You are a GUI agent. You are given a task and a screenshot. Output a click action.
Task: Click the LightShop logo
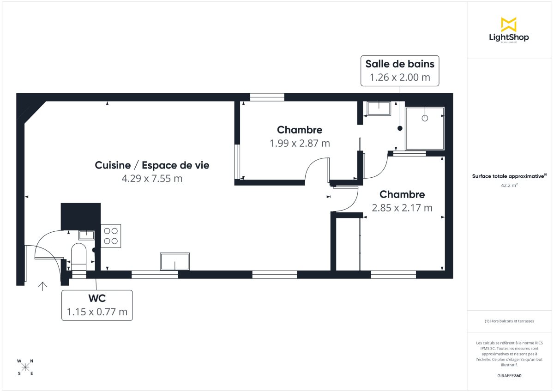coord(508,30)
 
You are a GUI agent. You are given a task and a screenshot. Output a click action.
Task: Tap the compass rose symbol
coord(25,367)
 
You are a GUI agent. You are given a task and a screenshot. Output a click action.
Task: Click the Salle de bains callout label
coord(400,71)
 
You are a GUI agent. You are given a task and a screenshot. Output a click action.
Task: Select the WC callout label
coord(97,305)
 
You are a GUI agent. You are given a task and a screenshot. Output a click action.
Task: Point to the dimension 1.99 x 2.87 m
coord(300,143)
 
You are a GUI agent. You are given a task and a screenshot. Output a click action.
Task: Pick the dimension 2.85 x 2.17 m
coord(402,208)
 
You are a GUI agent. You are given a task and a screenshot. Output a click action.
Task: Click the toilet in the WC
coord(78,256)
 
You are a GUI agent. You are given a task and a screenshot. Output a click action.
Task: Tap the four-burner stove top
coord(111,235)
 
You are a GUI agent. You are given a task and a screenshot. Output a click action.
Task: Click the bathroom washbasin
coord(379,108)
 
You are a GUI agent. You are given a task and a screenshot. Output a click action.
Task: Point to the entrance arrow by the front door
coord(42,286)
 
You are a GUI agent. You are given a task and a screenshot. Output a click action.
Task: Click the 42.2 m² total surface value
coord(508,186)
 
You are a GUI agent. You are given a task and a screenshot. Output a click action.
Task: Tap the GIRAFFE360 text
coord(508,376)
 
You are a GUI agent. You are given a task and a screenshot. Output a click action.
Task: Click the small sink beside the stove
coord(86,235)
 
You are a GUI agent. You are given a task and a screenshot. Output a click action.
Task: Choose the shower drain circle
coord(425,118)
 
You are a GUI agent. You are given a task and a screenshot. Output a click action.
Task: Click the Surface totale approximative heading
coord(508,176)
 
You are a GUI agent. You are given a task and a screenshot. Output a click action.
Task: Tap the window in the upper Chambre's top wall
coord(267,97)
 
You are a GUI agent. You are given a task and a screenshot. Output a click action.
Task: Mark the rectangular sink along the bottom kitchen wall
coord(175,261)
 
